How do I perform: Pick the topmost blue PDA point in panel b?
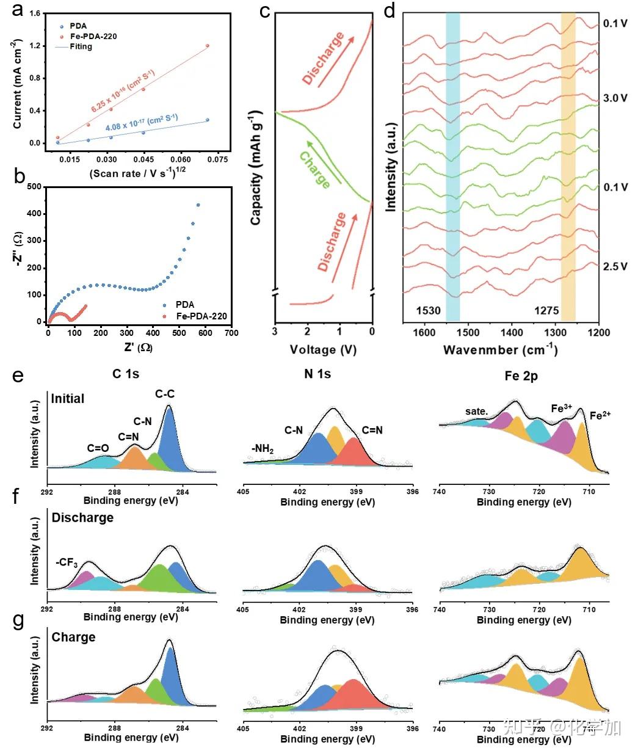click(x=198, y=205)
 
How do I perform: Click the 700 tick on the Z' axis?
click(x=231, y=333)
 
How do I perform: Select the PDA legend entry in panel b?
click(x=184, y=304)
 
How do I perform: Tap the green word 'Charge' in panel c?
click(x=315, y=170)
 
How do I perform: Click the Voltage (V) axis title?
click(x=323, y=349)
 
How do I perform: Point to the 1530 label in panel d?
click(x=428, y=310)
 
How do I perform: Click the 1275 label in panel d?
click(x=546, y=310)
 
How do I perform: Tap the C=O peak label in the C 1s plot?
click(x=98, y=448)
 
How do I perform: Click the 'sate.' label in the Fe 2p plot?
click(x=476, y=412)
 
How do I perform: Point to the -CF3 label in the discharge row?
click(x=67, y=562)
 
